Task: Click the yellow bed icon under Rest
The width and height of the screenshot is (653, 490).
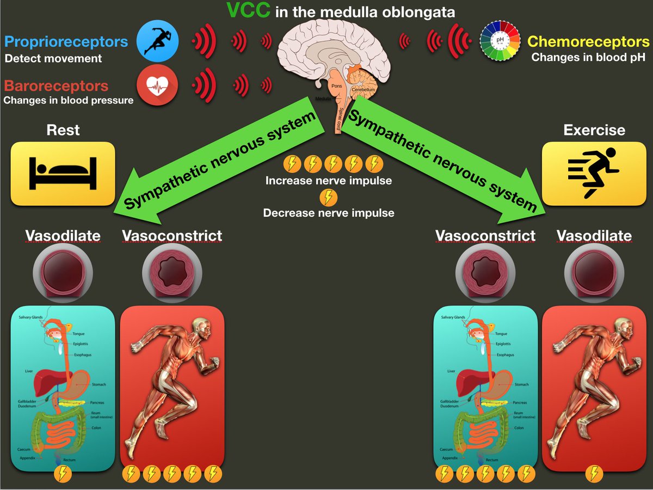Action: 63,173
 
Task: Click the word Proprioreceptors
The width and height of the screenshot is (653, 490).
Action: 66,42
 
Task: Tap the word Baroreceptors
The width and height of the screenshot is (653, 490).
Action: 56,86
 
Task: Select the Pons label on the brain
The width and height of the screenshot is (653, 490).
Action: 336,86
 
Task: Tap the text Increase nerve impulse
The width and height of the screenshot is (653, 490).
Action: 328,180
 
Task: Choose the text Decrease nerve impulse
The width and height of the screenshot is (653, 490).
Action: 328,213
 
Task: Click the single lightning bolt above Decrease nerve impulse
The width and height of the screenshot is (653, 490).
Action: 328,197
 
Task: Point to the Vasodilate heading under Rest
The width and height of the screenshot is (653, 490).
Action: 63,236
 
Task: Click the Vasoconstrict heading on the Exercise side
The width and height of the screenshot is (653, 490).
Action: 485,236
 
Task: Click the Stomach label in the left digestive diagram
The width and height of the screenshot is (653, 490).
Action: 98,384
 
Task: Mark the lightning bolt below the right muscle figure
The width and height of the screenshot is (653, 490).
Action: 594,474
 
